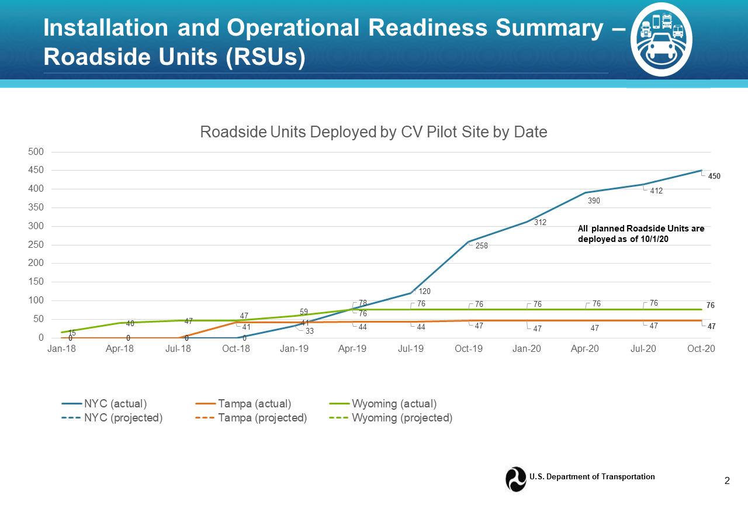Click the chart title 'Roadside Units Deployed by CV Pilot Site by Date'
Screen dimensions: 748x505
tap(373, 132)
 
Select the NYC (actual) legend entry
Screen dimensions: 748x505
tap(104, 403)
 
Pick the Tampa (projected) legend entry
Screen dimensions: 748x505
tap(251, 418)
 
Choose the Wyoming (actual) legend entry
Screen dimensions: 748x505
tap(383, 403)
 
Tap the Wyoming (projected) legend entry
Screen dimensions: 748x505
tap(391, 418)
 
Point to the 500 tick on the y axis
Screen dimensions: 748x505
tap(36, 151)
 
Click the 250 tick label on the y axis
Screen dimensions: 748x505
tap(36, 244)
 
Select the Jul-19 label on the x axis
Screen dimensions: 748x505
tap(411, 349)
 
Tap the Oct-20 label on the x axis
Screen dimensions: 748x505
tap(701, 349)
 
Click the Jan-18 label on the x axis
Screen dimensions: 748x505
tap(62, 349)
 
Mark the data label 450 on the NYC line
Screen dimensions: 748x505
tap(714, 176)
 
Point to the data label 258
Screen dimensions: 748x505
tap(482, 246)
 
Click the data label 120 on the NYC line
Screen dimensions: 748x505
tap(424, 291)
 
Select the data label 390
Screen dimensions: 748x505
tap(594, 200)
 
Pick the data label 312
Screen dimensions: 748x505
tap(540, 223)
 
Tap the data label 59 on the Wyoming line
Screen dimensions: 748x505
tap(303, 312)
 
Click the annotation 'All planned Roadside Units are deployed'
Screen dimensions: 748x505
tap(641, 234)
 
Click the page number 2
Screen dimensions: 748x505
tap(727, 480)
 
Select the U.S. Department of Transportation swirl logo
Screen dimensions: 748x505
tap(516, 479)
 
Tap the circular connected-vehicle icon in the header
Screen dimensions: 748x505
tap(661, 39)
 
